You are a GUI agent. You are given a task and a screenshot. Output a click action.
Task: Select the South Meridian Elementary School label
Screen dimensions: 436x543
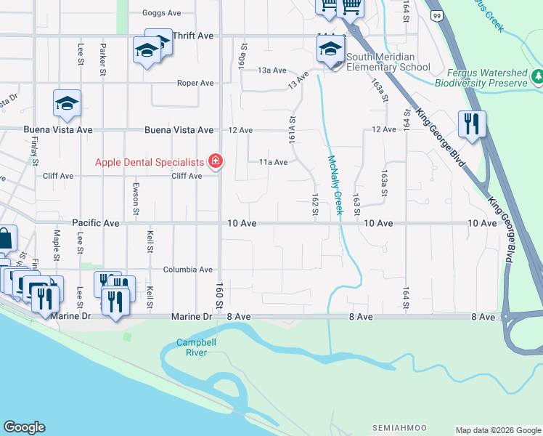click(388, 62)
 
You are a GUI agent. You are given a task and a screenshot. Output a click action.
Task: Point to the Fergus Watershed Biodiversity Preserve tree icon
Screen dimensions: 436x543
click(538, 76)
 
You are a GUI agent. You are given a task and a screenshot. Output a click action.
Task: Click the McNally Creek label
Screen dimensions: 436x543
click(335, 185)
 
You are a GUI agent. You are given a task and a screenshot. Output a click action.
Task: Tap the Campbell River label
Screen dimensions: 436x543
click(192, 347)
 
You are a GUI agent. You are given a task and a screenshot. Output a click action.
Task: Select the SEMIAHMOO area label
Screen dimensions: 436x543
click(399, 427)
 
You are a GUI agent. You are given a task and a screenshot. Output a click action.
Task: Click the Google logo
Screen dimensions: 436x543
click(24, 427)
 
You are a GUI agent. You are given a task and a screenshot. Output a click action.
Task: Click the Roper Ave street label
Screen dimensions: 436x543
click(195, 83)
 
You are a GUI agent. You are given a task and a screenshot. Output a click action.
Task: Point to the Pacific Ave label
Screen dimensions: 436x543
click(95, 223)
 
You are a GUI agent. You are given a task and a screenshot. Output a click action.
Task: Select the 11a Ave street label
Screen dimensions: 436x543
click(274, 162)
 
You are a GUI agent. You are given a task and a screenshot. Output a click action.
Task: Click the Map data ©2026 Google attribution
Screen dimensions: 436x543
click(498, 430)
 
